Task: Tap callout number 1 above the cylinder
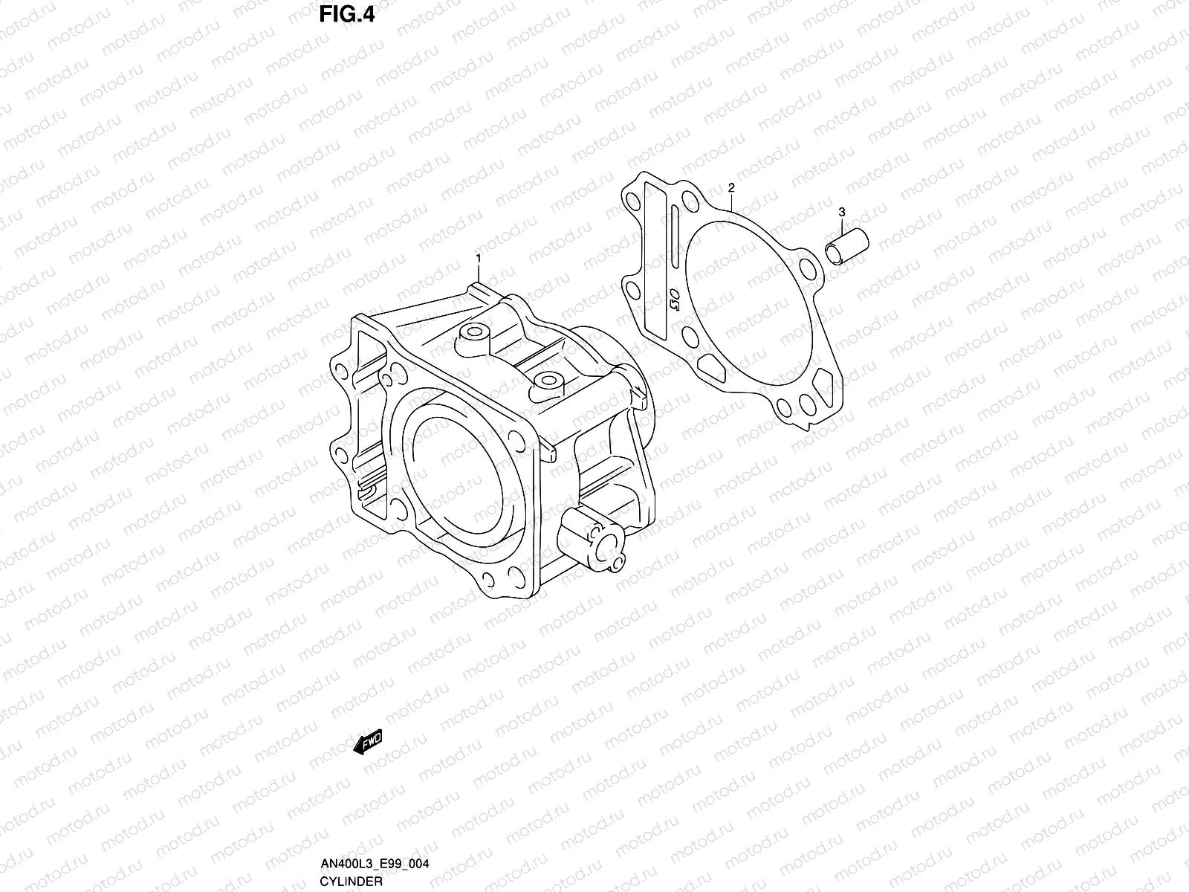pos(479,258)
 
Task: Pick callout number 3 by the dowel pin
pos(841,213)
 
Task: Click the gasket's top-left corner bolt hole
pos(633,203)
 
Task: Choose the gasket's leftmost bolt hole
pos(631,288)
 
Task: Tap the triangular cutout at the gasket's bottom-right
pos(820,384)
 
